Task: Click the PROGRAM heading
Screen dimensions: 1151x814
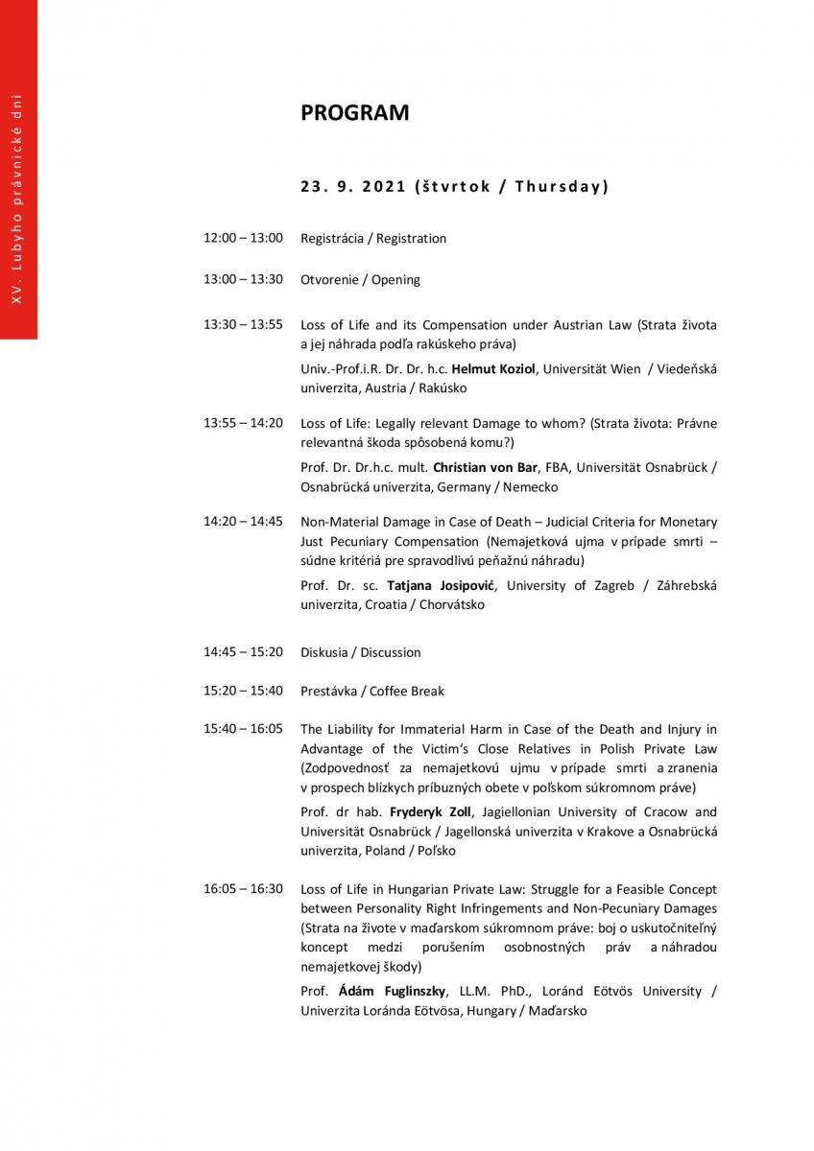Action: pos(354,113)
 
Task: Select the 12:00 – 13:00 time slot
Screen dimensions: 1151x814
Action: pos(243,238)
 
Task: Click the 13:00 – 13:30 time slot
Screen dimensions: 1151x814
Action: pos(243,280)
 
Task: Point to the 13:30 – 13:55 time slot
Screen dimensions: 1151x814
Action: pos(243,325)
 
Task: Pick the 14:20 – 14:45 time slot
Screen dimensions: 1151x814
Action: pos(243,522)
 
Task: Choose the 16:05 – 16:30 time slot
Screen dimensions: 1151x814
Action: pos(243,889)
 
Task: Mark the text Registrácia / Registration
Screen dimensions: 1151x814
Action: pos(373,238)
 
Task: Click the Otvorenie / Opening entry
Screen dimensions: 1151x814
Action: pos(360,280)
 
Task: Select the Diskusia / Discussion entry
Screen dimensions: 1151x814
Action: pos(360,652)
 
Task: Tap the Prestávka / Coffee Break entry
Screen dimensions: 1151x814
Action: pos(372,691)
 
